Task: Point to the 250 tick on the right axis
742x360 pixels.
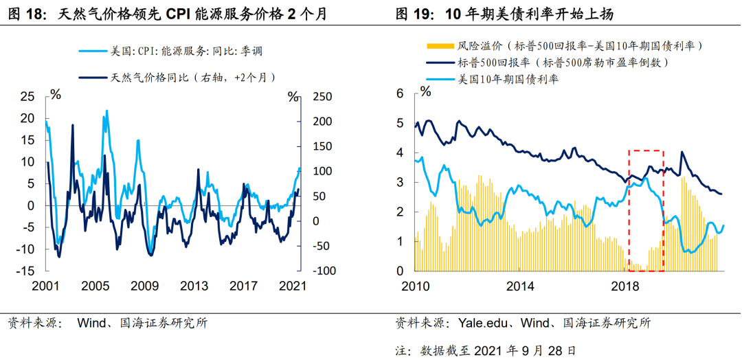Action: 323,97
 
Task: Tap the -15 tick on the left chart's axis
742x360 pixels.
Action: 25,271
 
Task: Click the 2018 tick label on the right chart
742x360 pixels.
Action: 625,285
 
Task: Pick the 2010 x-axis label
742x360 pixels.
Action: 416,285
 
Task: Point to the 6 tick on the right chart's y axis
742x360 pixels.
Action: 401,94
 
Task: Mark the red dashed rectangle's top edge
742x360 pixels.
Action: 646,150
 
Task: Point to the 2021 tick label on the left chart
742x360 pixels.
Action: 293,286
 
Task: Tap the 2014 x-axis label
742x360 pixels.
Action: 520,285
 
